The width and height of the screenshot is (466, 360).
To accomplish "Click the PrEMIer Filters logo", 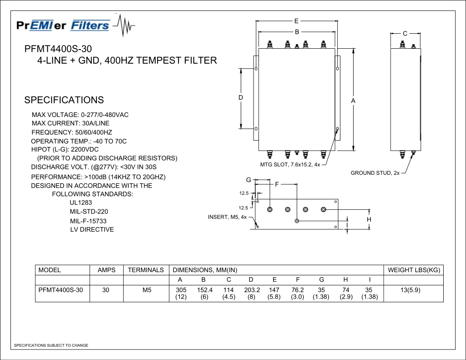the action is click(x=76, y=25).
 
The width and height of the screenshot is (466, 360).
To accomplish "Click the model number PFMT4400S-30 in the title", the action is click(x=58, y=49).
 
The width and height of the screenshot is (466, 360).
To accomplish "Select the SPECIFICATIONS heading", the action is click(x=64, y=100).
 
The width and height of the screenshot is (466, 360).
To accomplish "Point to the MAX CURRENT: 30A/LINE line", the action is click(x=71, y=123).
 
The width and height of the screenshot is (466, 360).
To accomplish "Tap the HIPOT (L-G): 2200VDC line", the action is click(x=65, y=150).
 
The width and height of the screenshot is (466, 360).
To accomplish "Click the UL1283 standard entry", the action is click(x=81, y=203).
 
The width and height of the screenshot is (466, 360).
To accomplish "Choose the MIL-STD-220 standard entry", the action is click(x=89, y=212).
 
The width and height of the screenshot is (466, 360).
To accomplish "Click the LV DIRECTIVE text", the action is click(x=92, y=229).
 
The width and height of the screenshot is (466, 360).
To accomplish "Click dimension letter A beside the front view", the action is click(x=353, y=101).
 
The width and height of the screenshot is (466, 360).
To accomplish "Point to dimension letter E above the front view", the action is click(x=296, y=21).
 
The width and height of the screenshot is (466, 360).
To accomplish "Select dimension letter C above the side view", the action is click(x=405, y=34).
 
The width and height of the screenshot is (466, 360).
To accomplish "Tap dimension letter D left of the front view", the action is click(x=241, y=97).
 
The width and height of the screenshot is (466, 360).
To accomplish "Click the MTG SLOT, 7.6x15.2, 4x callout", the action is click(x=290, y=165).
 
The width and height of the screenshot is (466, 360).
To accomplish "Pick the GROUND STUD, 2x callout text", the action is click(x=375, y=173).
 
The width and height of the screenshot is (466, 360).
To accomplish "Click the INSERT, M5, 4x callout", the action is click(x=228, y=217).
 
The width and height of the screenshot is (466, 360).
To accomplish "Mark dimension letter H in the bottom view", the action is click(x=369, y=219).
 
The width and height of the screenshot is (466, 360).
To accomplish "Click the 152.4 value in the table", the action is click(x=205, y=290).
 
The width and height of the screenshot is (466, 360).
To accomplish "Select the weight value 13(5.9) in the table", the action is click(x=410, y=290).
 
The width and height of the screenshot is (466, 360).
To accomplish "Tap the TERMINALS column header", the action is click(x=146, y=270).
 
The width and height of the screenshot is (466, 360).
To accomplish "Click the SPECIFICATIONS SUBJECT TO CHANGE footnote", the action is click(x=51, y=345).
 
